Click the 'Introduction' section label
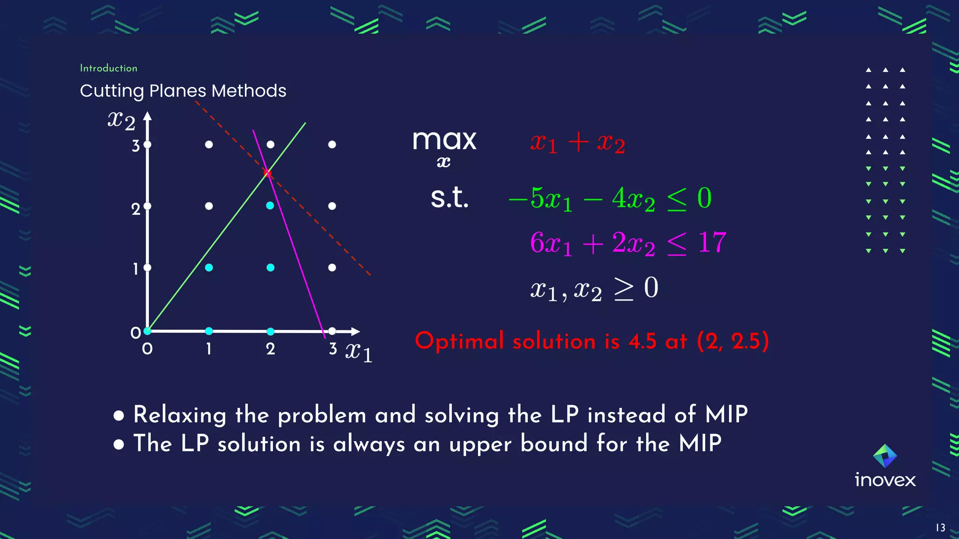[x=109, y=68]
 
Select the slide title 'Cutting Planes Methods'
[x=183, y=91]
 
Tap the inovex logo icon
[x=885, y=456]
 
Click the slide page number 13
[x=940, y=528]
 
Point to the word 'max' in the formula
[x=444, y=140]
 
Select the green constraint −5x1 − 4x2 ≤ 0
[x=610, y=198]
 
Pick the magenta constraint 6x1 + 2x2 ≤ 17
[x=628, y=243]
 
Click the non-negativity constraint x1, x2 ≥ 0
[x=594, y=289]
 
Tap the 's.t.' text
[x=449, y=198]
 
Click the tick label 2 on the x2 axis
[x=136, y=209]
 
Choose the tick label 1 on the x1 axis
[x=209, y=349]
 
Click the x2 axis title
[x=121, y=120]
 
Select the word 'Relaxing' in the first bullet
[x=180, y=415]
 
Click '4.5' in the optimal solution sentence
[x=642, y=341]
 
